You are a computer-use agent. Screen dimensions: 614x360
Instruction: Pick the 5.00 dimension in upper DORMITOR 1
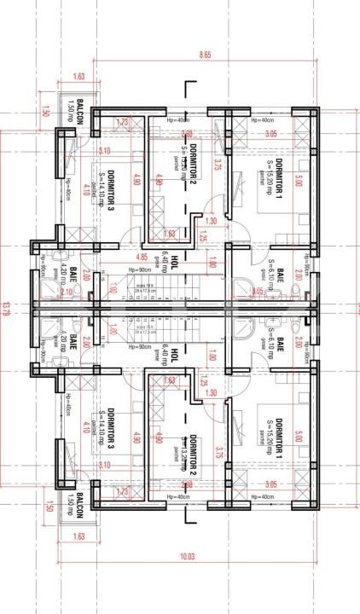point(299,181)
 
